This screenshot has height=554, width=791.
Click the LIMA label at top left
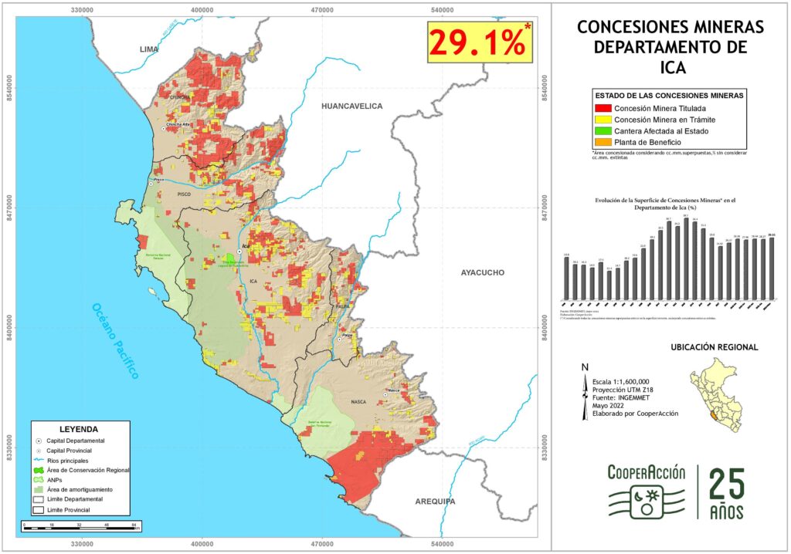click(x=148, y=49)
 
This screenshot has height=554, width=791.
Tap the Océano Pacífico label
click(x=116, y=340)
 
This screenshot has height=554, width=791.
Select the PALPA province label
click(x=343, y=306)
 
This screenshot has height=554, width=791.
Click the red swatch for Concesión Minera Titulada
click(x=602, y=109)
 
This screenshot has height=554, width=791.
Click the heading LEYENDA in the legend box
click(x=78, y=428)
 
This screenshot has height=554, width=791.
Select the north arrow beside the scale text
click(x=584, y=394)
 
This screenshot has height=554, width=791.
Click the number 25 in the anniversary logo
click(x=727, y=485)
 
